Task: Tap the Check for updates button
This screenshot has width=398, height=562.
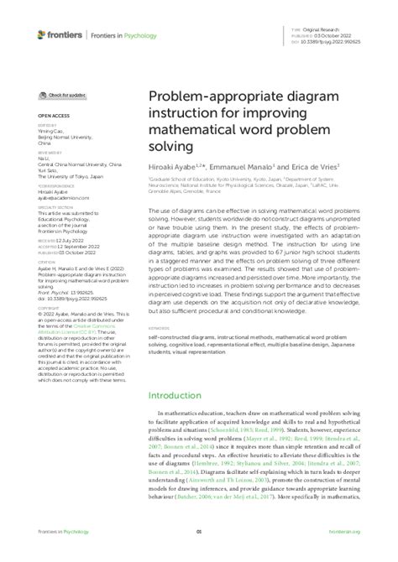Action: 63,97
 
